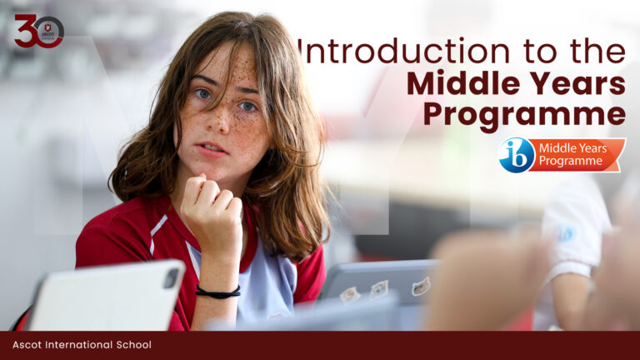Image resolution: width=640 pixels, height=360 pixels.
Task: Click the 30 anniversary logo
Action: [x=38, y=31]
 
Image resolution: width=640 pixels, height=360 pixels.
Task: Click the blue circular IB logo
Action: [x=516, y=155]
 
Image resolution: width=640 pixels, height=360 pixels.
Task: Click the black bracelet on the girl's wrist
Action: [x=218, y=292]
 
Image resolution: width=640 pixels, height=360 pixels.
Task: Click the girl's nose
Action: [x=223, y=125]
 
